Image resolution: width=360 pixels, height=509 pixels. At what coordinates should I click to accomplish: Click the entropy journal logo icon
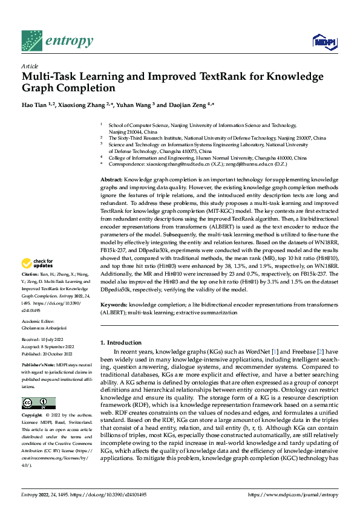31,41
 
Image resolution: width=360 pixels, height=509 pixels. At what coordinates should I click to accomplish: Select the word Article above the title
30,66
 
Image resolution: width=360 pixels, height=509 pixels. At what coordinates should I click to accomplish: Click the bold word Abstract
111,180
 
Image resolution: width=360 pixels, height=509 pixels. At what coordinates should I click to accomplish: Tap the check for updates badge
38,264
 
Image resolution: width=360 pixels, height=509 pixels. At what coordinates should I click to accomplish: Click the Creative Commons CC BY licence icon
39,403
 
